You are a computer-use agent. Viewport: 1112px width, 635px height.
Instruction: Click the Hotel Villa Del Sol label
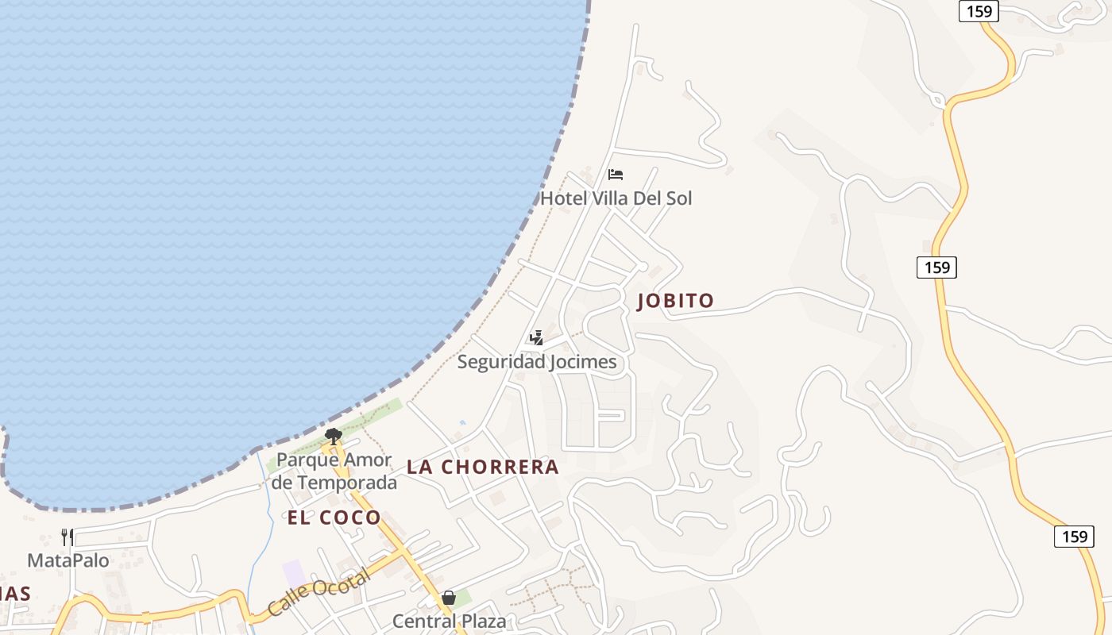(616, 198)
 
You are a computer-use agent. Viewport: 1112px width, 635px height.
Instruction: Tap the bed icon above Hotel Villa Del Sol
(616, 175)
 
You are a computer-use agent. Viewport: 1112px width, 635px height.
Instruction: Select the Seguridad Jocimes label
(537, 363)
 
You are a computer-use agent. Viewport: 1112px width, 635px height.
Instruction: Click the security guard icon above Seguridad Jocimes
(536, 339)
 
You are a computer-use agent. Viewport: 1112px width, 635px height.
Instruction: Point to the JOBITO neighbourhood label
(675, 301)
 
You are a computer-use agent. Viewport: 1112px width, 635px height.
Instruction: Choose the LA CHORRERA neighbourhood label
(483, 468)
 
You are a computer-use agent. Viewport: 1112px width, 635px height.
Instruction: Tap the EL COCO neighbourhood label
(334, 518)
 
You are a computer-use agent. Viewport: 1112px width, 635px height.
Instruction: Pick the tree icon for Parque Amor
(334, 436)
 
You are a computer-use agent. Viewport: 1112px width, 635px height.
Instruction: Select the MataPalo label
(68, 561)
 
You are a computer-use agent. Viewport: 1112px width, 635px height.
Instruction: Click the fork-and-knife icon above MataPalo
(68, 537)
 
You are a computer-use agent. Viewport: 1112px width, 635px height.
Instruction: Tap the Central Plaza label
(449, 621)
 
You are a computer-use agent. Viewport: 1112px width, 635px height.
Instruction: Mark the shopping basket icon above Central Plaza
(449, 598)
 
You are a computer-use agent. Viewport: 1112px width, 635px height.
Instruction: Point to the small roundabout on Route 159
(938, 102)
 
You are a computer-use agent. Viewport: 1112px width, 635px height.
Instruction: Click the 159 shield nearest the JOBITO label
(936, 267)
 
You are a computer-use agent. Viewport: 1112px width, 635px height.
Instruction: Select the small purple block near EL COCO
(294, 573)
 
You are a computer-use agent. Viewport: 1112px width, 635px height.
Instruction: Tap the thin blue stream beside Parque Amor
(263, 492)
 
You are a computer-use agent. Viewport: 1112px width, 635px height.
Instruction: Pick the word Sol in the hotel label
(679, 198)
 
